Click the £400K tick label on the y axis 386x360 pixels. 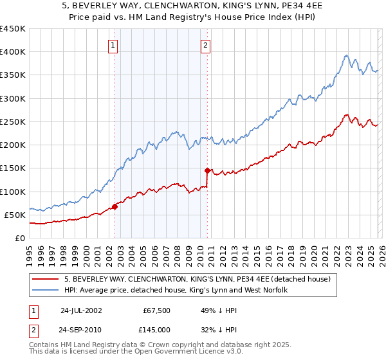pos(12,52)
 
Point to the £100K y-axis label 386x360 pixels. pos(12,192)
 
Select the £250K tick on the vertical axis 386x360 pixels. pos(12,122)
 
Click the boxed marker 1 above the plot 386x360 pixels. pos(113,45)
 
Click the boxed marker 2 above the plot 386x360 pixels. pos(205,45)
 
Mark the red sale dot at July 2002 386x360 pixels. pos(115,206)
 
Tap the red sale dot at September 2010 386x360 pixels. pos(208,170)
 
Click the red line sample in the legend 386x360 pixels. pos(46,279)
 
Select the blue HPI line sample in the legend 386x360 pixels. pos(46,291)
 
